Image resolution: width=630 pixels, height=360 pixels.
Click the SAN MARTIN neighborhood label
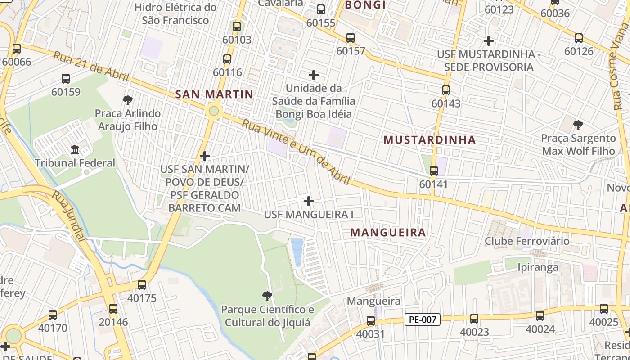214,94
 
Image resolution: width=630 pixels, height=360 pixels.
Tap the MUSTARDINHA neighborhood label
430,140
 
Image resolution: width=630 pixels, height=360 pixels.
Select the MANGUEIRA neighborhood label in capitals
388,233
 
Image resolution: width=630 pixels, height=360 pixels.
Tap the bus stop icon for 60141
433,171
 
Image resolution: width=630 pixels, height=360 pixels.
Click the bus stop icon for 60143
445,90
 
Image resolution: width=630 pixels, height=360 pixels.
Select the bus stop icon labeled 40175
142,285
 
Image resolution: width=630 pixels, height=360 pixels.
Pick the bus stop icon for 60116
227,59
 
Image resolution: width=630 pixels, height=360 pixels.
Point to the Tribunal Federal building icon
75,149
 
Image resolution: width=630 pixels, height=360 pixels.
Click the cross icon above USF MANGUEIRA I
309,201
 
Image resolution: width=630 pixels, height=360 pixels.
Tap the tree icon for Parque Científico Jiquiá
267,296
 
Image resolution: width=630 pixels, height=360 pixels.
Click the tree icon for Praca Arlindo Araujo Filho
127,100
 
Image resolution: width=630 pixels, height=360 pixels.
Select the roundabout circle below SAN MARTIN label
214,111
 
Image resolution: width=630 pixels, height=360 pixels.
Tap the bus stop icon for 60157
351,38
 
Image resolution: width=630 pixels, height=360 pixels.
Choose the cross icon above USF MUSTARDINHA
489,41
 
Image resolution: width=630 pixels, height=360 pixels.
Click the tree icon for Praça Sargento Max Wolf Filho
578,125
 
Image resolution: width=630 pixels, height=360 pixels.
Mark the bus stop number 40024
540,329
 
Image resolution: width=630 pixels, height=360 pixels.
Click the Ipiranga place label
537,267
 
